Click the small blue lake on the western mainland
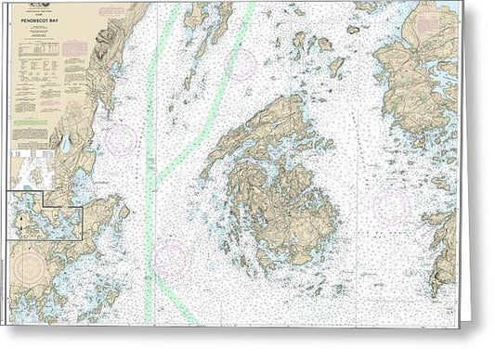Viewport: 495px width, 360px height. coord(66,143)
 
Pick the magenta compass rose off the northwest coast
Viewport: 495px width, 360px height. coord(121,139)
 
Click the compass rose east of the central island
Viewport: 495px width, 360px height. coord(389,205)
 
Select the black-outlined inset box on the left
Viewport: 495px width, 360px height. coord(45,215)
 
